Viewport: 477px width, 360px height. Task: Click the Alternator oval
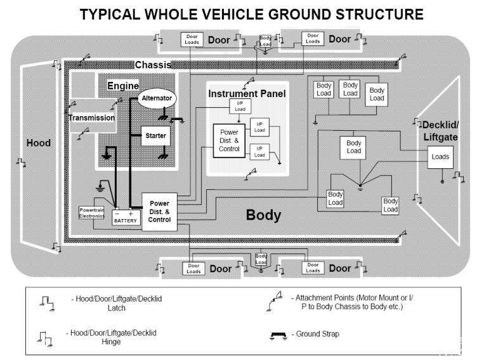tap(157, 98)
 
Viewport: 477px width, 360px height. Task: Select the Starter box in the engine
tap(155, 135)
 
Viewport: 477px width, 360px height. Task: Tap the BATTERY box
tap(126, 218)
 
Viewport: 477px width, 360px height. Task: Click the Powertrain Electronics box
tap(91, 213)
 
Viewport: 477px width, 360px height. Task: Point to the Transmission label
tap(91, 117)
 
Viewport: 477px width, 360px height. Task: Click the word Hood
tap(38, 143)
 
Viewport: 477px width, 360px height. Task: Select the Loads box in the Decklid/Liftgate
tap(440, 157)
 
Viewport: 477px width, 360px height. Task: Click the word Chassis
tap(153, 65)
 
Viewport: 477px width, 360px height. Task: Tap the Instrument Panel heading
tap(247, 93)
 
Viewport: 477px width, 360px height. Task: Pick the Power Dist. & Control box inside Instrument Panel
tap(229, 140)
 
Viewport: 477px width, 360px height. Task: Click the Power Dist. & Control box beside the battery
tap(159, 211)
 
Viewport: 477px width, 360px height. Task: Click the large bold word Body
tap(263, 215)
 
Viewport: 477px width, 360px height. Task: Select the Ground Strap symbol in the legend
tap(278, 336)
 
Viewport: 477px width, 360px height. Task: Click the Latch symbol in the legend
tap(47, 303)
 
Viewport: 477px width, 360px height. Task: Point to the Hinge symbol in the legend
tap(44, 339)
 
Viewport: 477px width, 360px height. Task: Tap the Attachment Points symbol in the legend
tap(274, 301)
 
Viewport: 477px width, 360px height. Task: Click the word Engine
tap(123, 86)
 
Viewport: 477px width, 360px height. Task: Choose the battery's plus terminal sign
tap(131, 214)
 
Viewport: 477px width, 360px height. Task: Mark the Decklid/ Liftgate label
tap(440, 131)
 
